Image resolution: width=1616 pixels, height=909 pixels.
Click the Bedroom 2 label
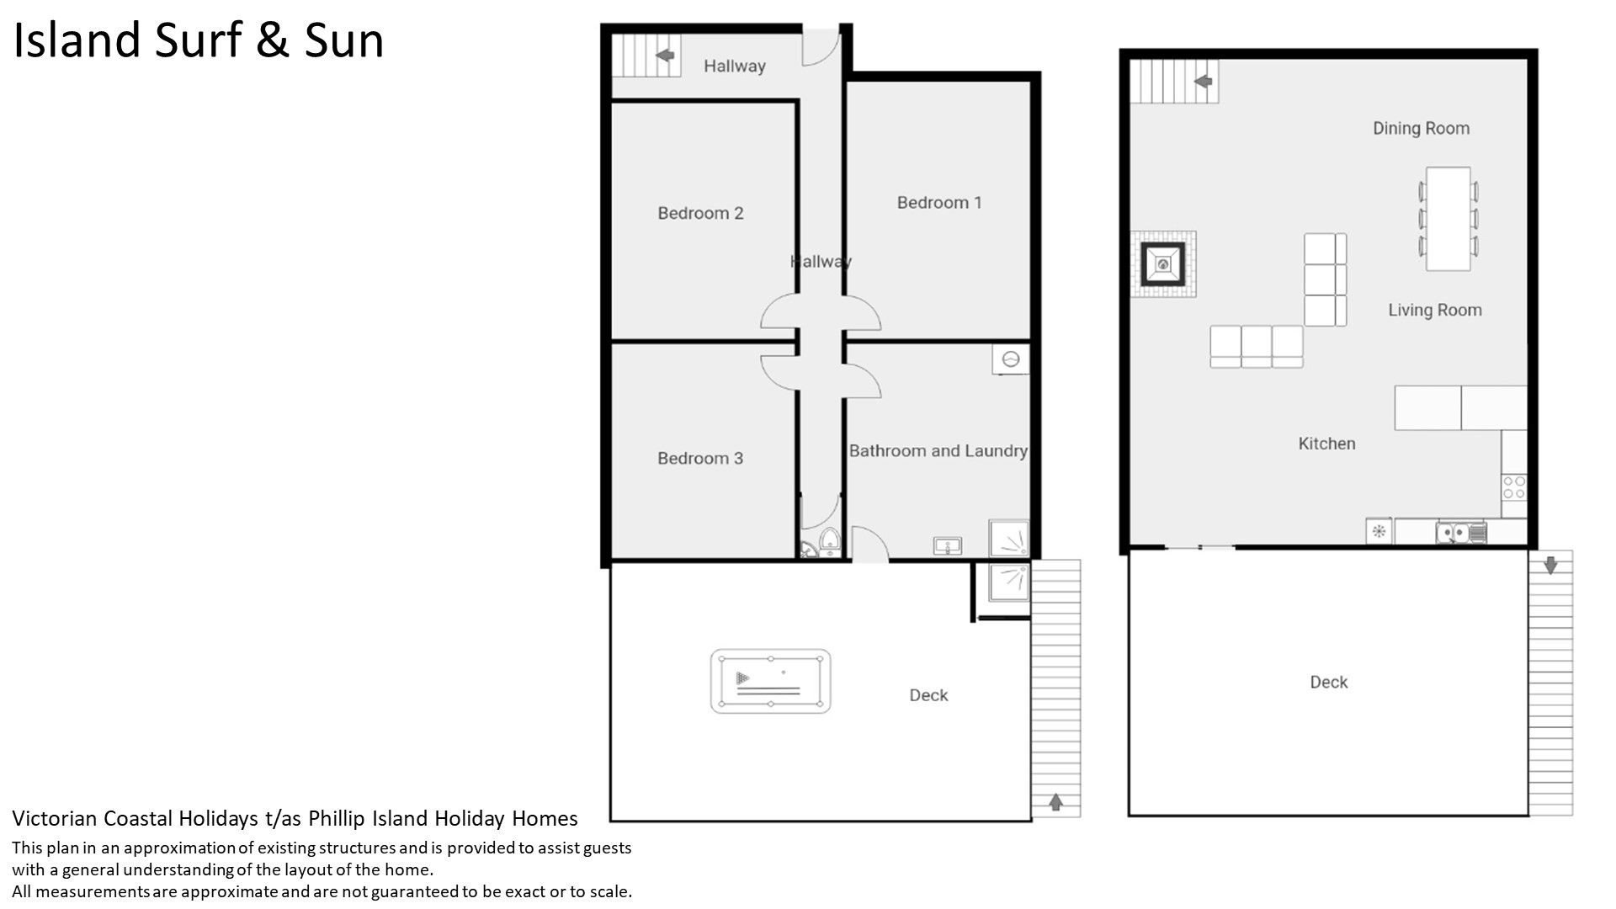click(x=700, y=214)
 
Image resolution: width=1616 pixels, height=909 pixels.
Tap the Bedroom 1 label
click(x=938, y=203)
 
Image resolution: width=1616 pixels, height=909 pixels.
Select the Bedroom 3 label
click(x=700, y=459)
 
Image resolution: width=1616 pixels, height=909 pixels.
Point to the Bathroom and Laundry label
click(x=938, y=451)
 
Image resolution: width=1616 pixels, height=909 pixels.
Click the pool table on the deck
click(x=770, y=681)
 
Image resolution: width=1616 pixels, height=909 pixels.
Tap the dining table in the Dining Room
click(x=1448, y=219)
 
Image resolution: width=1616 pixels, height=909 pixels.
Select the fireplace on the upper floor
click(x=1162, y=265)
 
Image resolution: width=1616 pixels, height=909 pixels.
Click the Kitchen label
click(x=1326, y=444)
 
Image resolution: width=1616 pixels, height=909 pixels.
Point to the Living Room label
click(x=1434, y=311)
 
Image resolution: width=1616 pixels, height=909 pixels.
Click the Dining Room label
click(x=1421, y=129)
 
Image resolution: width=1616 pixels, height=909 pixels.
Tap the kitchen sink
click(x=1461, y=532)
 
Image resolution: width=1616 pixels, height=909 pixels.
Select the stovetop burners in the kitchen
click(x=1514, y=487)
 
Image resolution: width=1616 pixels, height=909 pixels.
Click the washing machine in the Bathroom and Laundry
click(x=1011, y=359)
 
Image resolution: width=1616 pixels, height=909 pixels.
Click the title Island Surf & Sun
click(x=199, y=40)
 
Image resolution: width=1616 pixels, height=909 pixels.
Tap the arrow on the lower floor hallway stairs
click(x=665, y=56)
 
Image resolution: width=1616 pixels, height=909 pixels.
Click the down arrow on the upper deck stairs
click(x=1550, y=564)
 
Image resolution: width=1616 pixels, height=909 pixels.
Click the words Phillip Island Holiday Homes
click(x=443, y=818)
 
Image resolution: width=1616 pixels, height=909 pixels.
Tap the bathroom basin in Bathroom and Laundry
click(x=949, y=546)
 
